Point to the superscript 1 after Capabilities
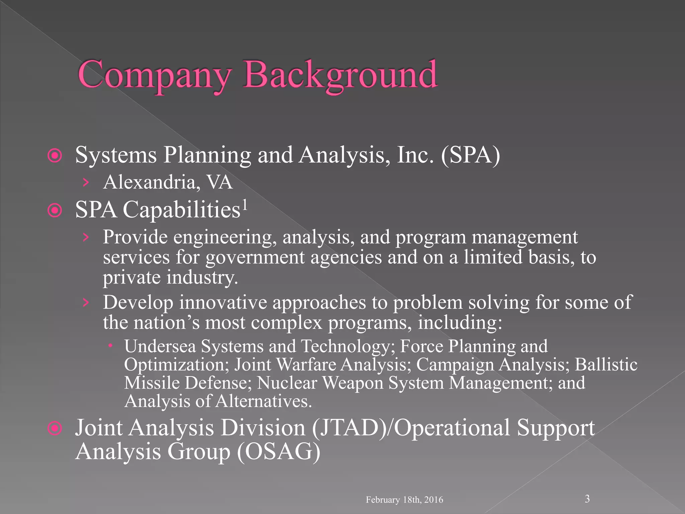245,204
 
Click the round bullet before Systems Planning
55,156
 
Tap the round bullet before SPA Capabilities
55,210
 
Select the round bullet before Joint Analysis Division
55,428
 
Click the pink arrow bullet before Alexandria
86,182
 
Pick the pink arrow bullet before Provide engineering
86,237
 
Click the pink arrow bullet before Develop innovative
86,303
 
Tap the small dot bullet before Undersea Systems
110,344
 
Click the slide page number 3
587,499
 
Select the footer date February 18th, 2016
404,500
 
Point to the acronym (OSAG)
279,452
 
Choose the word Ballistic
606,365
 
